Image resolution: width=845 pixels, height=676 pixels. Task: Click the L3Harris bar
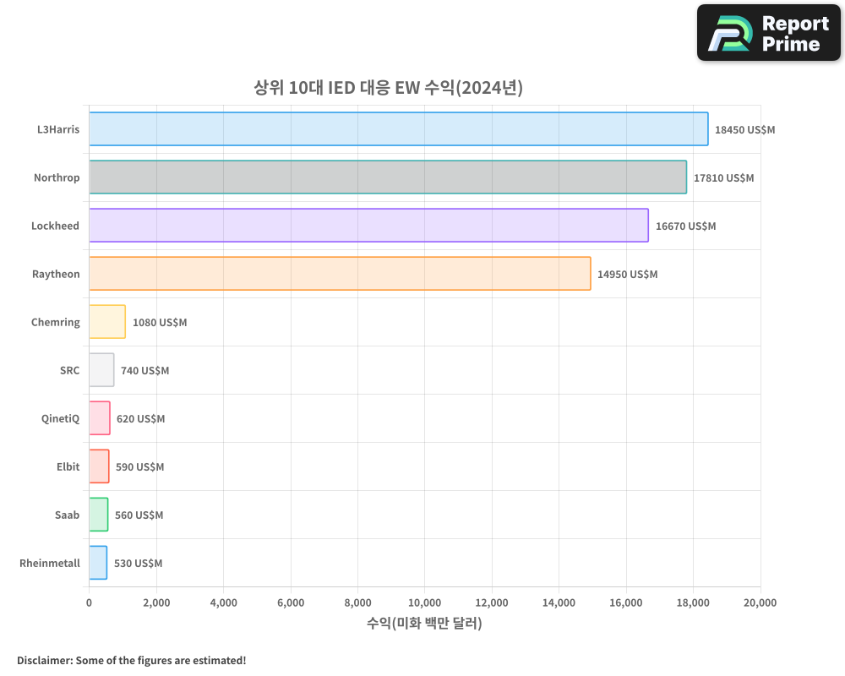[398, 129]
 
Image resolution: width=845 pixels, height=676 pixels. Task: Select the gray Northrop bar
[388, 177]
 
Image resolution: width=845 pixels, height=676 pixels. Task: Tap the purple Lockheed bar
[368, 226]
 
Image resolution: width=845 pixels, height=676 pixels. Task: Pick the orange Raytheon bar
[340, 274]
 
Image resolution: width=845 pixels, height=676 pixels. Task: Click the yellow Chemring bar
[107, 322]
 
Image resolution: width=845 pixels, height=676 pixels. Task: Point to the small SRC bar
[101, 370]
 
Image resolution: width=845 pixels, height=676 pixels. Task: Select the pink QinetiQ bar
[100, 418]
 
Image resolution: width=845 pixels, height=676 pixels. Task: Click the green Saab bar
[99, 515]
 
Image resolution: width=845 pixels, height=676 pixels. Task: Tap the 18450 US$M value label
[744, 130]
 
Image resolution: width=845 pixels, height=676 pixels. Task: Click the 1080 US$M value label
[160, 323]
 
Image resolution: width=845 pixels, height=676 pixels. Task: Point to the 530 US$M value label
[138, 564]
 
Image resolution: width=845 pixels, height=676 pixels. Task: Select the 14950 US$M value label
[627, 275]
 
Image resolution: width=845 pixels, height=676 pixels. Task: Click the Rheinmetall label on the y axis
[50, 563]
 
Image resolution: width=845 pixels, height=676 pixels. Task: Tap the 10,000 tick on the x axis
[424, 602]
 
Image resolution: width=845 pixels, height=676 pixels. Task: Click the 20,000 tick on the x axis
[760, 602]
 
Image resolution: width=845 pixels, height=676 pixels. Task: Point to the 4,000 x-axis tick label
[223, 602]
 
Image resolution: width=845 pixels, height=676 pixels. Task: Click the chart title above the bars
[389, 87]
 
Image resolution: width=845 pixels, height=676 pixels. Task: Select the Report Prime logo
[769, 33]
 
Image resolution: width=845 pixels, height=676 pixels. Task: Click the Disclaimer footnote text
[132, 660]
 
